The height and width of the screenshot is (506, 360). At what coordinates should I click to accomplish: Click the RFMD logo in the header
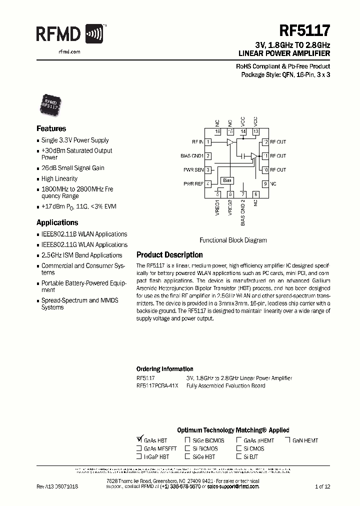70,34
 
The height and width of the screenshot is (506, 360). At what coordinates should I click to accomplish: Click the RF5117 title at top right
304,31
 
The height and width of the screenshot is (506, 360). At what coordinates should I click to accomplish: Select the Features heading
51,128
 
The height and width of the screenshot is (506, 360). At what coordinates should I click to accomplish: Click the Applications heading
57,222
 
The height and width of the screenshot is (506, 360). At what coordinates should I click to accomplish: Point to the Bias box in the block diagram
227,180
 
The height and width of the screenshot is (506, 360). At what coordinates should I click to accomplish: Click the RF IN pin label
197,142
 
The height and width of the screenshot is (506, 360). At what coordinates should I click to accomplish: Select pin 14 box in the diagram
243,132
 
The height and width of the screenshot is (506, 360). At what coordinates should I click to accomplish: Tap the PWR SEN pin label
194,170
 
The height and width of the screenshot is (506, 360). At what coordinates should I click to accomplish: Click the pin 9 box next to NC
265,184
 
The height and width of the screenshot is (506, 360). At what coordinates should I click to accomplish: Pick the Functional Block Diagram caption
233,240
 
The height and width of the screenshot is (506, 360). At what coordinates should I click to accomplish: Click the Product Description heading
169,255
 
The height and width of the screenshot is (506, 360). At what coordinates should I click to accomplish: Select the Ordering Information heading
164,369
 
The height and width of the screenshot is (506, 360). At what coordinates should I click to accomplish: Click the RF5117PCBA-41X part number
156,385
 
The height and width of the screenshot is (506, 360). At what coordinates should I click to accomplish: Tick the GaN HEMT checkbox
288,440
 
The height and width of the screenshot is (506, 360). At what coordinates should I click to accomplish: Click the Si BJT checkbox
239,456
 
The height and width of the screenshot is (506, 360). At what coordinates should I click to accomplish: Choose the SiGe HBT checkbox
187,456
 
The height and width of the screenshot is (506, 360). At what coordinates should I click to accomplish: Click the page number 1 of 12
322,486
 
